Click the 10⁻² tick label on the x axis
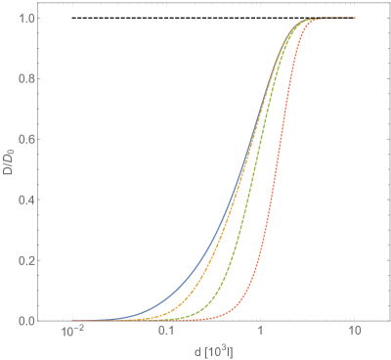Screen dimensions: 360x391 [x=71, y=335]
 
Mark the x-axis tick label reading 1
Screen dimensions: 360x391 [x=260, y=335]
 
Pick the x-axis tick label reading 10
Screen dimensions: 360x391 [x=355, y=335]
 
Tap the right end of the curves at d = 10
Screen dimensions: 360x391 [x=355, y=19]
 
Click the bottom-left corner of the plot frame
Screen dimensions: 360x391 [x=46, y=320]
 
